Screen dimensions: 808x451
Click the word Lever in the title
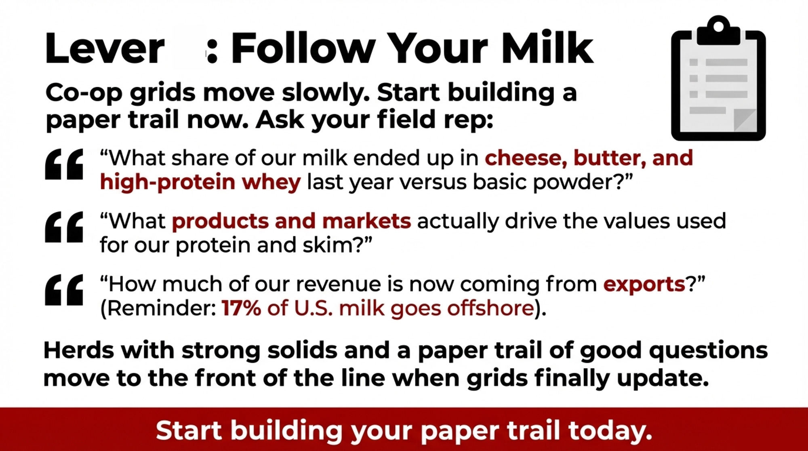tap(105, 49)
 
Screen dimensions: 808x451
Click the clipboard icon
tap(718, 78)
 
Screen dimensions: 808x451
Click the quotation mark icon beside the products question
tap(64, 227)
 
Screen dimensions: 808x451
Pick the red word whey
tap(271, 182)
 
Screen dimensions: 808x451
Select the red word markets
tap(367, 221)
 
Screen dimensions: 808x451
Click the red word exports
tap(644, 285)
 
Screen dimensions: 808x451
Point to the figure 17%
tap(241, 308)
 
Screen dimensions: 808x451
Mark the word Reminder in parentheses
tap(161, 308)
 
